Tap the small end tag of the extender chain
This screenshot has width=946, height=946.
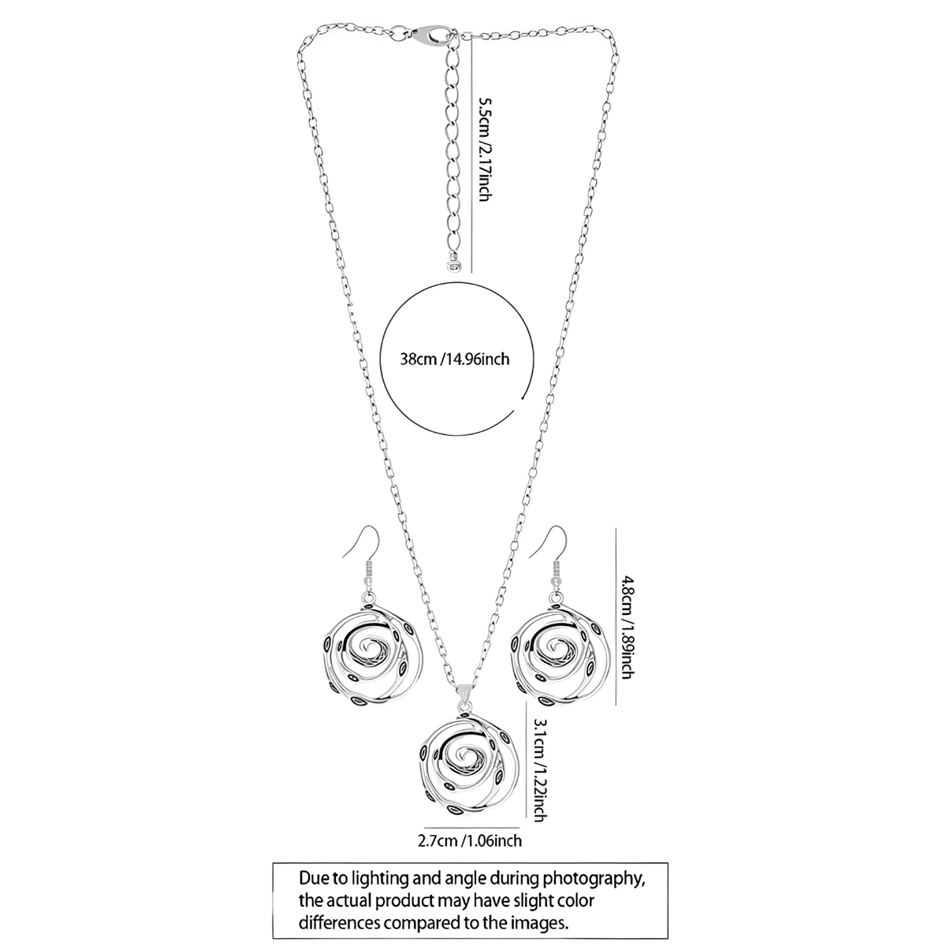(x=453, y=266)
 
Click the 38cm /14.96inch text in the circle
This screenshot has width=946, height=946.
(x=455, y=359)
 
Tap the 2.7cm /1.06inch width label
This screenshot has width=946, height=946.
(x=469, y=841)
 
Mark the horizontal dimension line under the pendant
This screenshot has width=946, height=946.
(x=471, y=828)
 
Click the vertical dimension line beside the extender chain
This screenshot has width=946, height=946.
(x=471, y=155)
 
